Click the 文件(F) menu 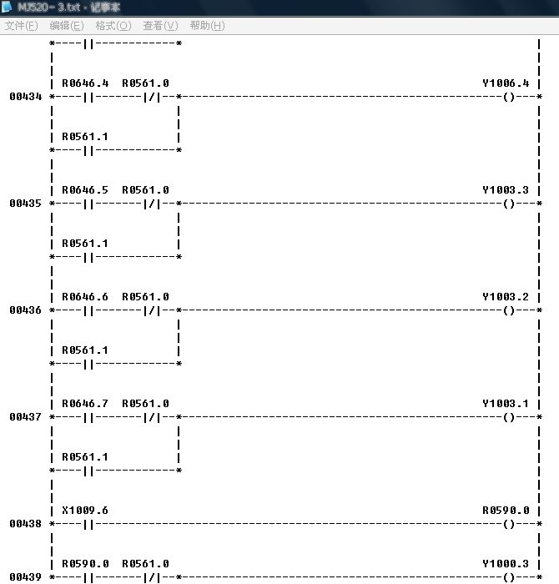22,26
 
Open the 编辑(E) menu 67,26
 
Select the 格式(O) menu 113,26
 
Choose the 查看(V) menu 160,26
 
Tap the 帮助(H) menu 207,26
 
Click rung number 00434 26,97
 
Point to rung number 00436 26,310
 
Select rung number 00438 26,524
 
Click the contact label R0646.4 85,83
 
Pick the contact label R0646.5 85,190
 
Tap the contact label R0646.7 85,404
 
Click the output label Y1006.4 506,83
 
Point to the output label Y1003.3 506,190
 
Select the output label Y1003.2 506,297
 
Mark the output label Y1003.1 506,404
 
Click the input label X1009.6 85,511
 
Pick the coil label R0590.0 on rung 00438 506,511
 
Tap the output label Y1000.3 506,564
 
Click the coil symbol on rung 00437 509,417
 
